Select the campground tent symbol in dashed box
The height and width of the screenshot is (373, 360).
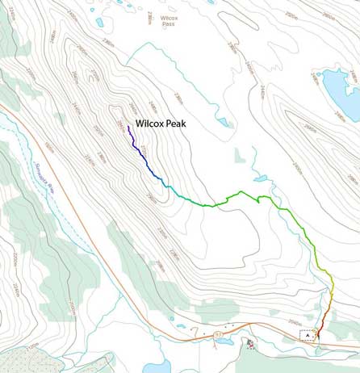click(308, 335)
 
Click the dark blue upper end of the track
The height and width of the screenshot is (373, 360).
click(129, 127)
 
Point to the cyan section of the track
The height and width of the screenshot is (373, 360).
click(173, 190)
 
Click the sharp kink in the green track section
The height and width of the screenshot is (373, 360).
click(257, 199)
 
